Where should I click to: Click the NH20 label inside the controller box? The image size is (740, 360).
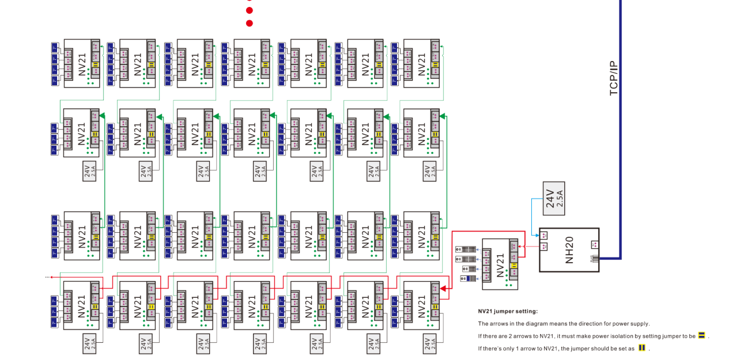tap(570, 249)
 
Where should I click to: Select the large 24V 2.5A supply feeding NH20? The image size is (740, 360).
tap(554, 198)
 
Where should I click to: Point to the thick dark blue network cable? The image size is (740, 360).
tap(620, 144)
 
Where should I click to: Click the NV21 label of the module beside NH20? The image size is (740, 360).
tap(499, 264)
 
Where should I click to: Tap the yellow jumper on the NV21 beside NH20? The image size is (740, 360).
tap(513, 265)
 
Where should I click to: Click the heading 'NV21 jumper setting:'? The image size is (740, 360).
tap(507, 311)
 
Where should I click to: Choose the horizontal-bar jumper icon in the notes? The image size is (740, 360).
tap(701, 335)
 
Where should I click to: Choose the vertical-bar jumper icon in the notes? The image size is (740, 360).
tap(641, 348)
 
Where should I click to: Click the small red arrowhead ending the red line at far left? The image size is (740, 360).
tap(51, 277)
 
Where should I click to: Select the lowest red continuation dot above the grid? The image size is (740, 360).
tap(250, 24)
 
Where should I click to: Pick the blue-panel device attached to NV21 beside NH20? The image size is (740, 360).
tap(468, 278)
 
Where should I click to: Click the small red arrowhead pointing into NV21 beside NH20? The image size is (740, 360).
tap(520, 247)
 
